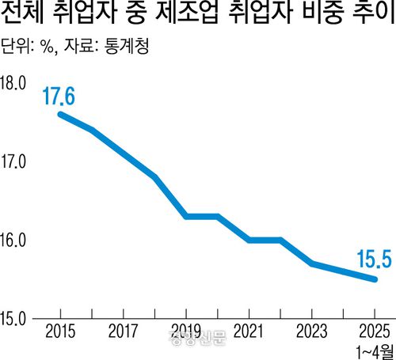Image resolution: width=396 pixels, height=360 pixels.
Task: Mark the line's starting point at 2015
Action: point(60,114)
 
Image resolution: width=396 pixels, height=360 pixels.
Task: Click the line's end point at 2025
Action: point(375,279)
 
